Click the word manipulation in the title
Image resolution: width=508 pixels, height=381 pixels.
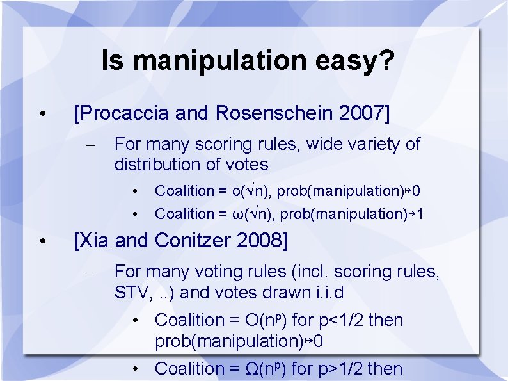tap(221, 61)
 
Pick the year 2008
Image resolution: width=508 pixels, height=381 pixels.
tap(259, 241)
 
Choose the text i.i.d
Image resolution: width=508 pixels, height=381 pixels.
tap(324, 293)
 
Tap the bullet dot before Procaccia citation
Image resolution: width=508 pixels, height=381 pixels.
tap(41, 114)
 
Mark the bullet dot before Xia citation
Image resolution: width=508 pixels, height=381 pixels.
tap(41, 241)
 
